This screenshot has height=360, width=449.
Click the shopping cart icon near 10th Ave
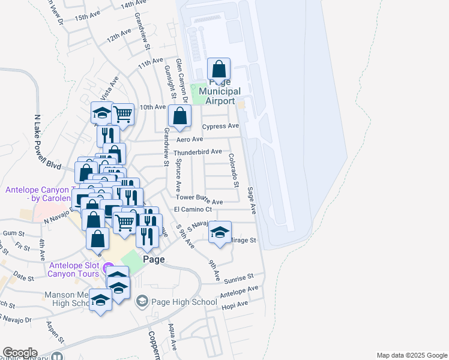pyautogui.click(x=122, y=113)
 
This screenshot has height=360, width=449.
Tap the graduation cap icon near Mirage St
pyautogui.click(x=220, y=232)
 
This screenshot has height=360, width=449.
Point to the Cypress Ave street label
pyautogui.click(x=220, y=127)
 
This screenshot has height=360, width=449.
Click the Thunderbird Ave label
pyautogui.click(x=198, y=152)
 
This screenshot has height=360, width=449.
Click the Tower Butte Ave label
pyautogui.click(x=199, y=199)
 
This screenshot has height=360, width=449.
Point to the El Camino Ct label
pyautogui.click(x=193, y=209)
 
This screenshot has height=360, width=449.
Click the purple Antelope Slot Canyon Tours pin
pyautogui.click(x=108, y=266)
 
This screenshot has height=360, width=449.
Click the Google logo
pyautogui.click(x=19, y=353)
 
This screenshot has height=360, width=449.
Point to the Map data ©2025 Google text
pyautogui.click(x=411, y=355)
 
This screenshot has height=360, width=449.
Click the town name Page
pyautogui.click(x=154, y=260)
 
